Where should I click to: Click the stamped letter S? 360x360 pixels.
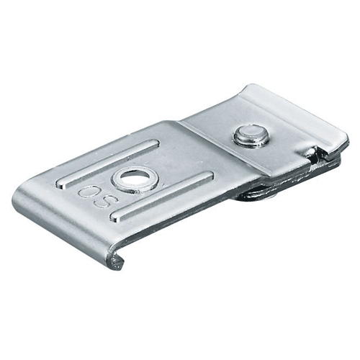[x=101, y=202]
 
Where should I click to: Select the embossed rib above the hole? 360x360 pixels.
[x=107, y=163]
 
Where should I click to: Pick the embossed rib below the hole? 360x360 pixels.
[x=162, y=195]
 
